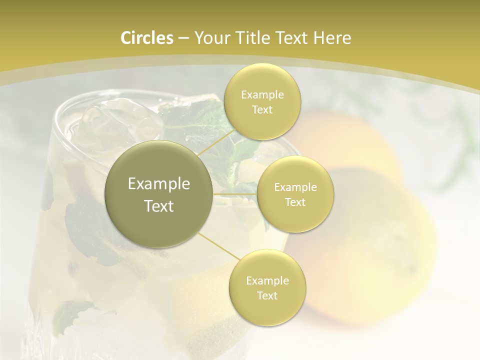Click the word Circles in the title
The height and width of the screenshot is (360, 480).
tap(147, 38)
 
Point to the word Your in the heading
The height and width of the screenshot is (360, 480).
tap(211, 38)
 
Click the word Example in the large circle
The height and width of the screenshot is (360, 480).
tap(159, 184)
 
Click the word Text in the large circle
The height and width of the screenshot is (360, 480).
tap(159, 205)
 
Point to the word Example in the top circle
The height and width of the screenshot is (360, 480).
tap(262, 95)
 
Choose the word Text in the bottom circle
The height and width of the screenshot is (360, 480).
tap(267, 295)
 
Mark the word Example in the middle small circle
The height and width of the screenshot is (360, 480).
tap(295, 187)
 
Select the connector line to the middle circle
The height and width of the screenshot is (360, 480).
tap(235, 193)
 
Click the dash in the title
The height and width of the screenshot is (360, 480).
tap(183, 38)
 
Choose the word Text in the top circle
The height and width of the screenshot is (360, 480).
tap(262, 110)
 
